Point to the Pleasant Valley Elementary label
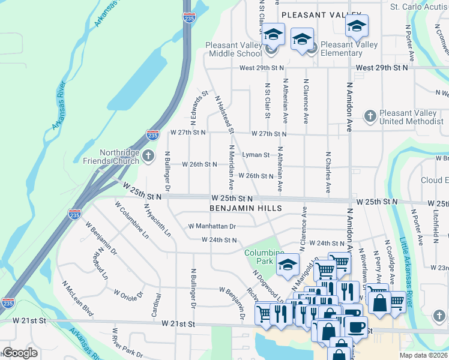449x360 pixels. (x=349, y=49)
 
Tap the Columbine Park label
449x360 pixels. (x=264, y=257)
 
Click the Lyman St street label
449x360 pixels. (x=256, y=155)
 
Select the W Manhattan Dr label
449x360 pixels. (x=212, y=226)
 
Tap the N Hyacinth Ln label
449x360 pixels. (x=158, y=220)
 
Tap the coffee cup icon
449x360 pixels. (x=355, y=328)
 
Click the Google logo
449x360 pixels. (x=20, y=353)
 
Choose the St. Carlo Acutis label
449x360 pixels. (x=418, y=7)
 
